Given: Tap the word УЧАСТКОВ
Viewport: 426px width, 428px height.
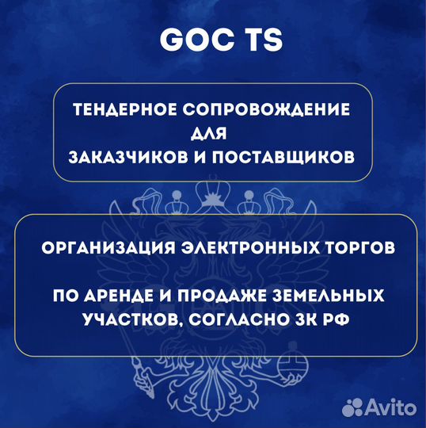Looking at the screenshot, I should point(127,319).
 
